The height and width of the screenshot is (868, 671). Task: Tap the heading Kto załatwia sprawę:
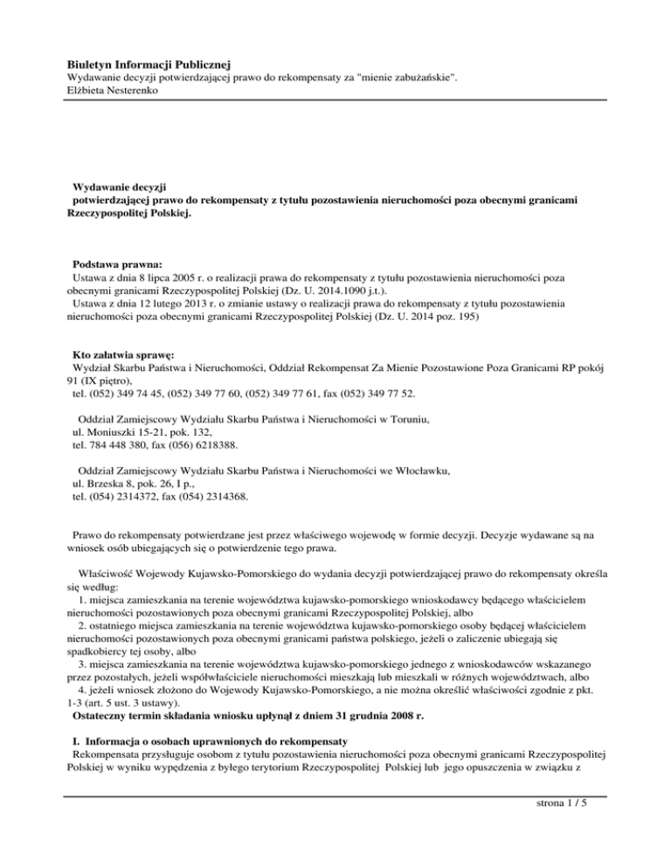coord(124,355)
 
